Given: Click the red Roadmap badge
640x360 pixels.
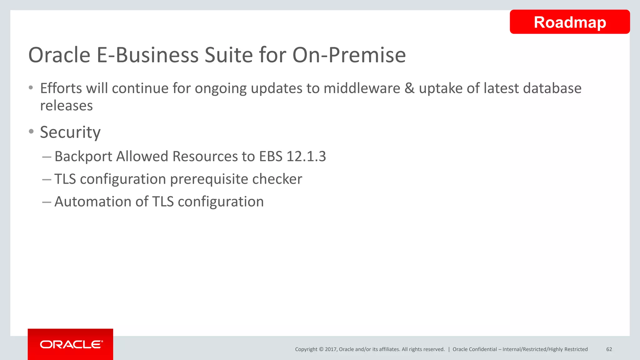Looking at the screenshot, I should tap(569, 22).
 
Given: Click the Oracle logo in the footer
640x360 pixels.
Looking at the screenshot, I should tap(71, 344).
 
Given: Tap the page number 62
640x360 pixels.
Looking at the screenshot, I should tap(609, 349).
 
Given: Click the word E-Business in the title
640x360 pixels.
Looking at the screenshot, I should tap(148, 55).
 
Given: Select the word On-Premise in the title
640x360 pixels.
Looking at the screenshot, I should tap(349, 55).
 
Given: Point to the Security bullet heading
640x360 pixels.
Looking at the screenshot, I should tap(70, 132).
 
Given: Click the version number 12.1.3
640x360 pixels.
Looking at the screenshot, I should tap(306, 156).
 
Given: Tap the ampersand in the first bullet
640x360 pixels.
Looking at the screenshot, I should tap(409, 88).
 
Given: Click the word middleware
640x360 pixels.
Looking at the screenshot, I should tap(362, 88).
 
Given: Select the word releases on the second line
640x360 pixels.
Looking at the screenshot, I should tap(67, 106).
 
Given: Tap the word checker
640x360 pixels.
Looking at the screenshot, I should tap(277, 179).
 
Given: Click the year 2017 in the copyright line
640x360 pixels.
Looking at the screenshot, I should tap(330, 349).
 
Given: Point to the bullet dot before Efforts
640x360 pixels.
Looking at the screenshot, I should tap(31, 88).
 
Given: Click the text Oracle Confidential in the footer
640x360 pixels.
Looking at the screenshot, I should tap(474, 349).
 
